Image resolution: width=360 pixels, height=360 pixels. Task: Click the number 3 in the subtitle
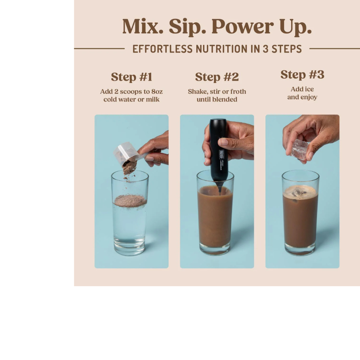point(265,49)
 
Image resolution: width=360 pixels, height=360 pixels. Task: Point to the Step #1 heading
point(131,77)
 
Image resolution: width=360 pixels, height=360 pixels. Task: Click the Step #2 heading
point(217,77)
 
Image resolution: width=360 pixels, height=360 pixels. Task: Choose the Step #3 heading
point(302,75)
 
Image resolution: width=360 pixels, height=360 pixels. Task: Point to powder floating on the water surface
point(130,201)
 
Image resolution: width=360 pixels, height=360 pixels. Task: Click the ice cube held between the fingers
point(300,149)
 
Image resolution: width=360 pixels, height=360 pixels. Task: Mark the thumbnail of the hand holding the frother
point(223,142)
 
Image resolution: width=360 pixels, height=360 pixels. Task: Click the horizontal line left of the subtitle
point(99,48)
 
